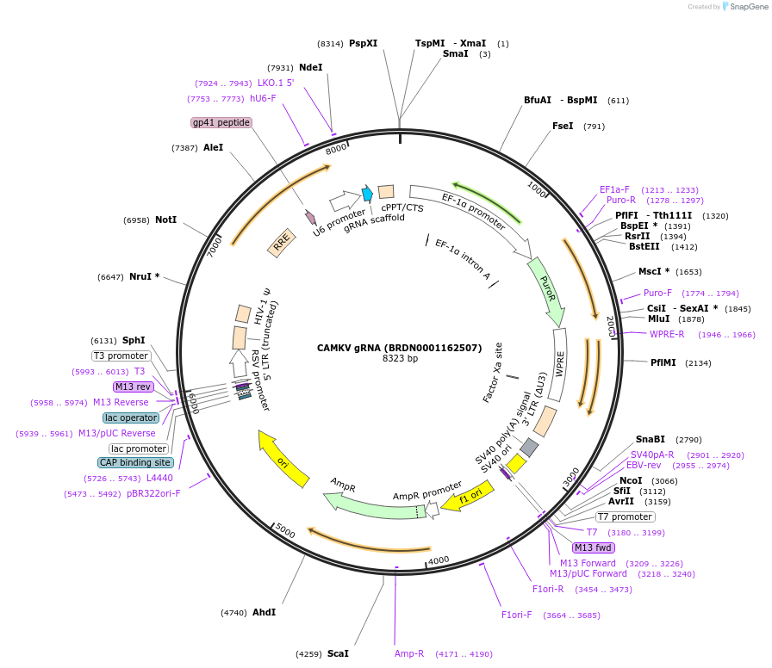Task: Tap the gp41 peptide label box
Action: click(x=221, y=122)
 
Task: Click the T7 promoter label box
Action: click(x=626, y=517)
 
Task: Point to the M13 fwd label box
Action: click(x=594, y=547)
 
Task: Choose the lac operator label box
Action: click(x=131, y=417)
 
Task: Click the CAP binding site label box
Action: click(x=135, y=462)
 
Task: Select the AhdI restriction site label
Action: click(x=264, y=612)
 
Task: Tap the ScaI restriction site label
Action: click(x=338, y=653)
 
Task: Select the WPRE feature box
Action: click(x=560, y=365)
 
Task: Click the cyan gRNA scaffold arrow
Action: click(x=367, y=194)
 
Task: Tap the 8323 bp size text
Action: click(x=400, y=358)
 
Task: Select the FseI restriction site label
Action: click(x=563, y=126)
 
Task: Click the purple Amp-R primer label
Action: click(x=409, y=653)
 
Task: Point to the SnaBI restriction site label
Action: click(x=651, y=439)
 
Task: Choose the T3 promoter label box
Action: click(x=121, y=356)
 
